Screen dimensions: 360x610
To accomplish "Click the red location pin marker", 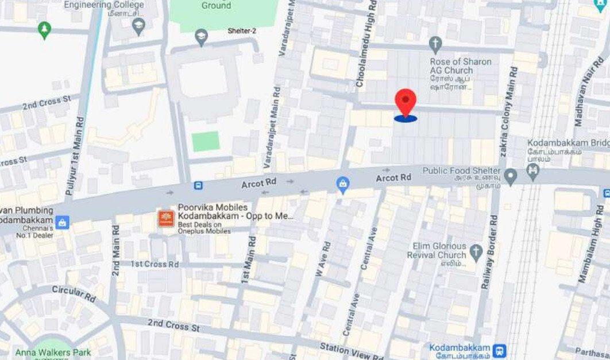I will tap(406, 103).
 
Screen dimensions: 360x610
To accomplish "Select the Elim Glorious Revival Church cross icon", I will tap(476, 251).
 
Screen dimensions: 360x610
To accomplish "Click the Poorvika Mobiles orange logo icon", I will tap(166, 218).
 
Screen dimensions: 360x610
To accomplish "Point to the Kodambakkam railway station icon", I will tap(500, 350).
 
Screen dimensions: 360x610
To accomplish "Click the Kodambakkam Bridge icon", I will tap(534, 172).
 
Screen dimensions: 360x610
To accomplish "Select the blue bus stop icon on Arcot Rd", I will tap(198, 185).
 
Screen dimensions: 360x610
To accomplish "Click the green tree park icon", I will tap(44, 29).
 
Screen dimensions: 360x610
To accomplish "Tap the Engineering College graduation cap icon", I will tap(138, 25).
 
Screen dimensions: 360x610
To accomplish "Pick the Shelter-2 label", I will tap(242, 31).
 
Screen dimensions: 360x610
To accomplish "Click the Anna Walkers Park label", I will tap(53, 352).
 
